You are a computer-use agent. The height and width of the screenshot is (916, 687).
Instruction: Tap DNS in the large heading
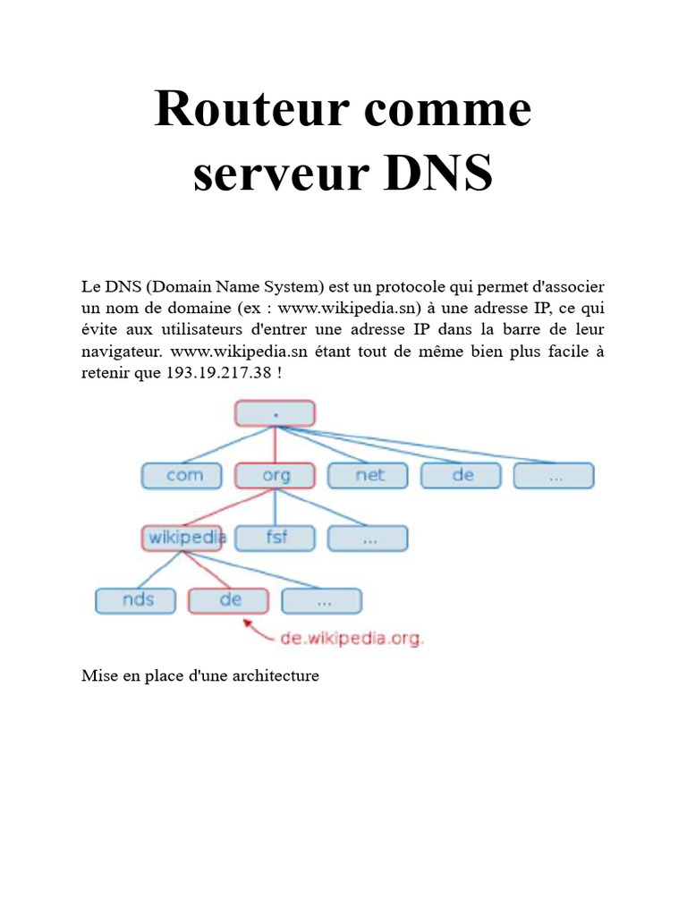coord(438,174)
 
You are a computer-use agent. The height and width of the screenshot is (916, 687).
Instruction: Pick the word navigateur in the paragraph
coord(121,351)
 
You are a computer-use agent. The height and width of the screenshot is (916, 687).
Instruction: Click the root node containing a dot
coord(275,413)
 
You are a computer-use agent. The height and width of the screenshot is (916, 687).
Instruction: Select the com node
coord(184,475)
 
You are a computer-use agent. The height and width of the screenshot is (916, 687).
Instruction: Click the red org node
coord(275,475)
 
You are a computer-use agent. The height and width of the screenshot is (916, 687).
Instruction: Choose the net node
coord(369,475)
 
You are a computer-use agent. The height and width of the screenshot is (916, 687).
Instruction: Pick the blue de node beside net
coord(462,475)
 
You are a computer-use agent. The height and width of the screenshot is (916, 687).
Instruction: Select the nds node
coord(138,599)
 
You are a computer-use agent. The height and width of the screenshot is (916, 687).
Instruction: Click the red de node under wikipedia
coord(229,599)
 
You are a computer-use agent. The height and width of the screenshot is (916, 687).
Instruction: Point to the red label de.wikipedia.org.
coord(352,639)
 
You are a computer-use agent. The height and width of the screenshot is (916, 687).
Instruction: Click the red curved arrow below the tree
coord(259,631)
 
